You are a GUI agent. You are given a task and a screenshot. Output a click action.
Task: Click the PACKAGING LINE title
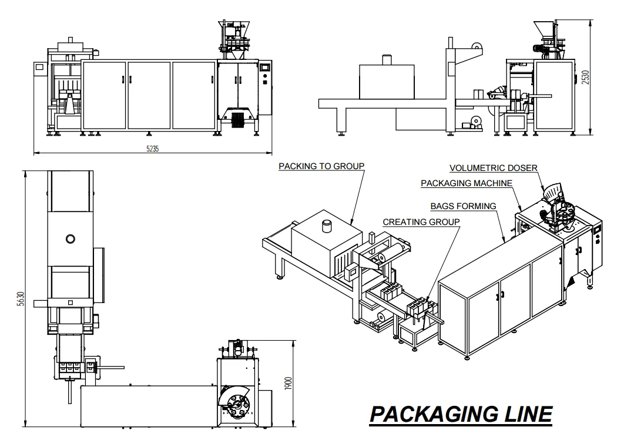click(x=461, y=414)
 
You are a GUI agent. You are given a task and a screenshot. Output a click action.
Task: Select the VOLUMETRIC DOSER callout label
click(x=494, y=168)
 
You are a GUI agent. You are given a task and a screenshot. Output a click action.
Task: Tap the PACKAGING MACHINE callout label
click(x=467, y=183)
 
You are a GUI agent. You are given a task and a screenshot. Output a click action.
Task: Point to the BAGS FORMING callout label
click(x=463, y=206)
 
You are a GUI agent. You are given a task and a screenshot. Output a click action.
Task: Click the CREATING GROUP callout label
click(x=421, y=222)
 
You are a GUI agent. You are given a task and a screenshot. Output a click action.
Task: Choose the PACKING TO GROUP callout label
click(x=321, y=166)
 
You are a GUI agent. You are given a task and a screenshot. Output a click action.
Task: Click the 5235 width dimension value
click(x=152, y=149)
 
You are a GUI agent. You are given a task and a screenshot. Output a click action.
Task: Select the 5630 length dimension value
click(x=21, y=300)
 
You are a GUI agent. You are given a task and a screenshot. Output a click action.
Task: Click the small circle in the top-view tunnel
click(x=71, y=238)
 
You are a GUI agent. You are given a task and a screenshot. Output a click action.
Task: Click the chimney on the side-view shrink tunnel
click(x=387, y=60)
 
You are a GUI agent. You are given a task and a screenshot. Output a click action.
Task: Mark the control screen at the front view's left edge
click(x=39, y=68)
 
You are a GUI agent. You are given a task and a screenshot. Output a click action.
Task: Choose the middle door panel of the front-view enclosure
click(x=149, y=94)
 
